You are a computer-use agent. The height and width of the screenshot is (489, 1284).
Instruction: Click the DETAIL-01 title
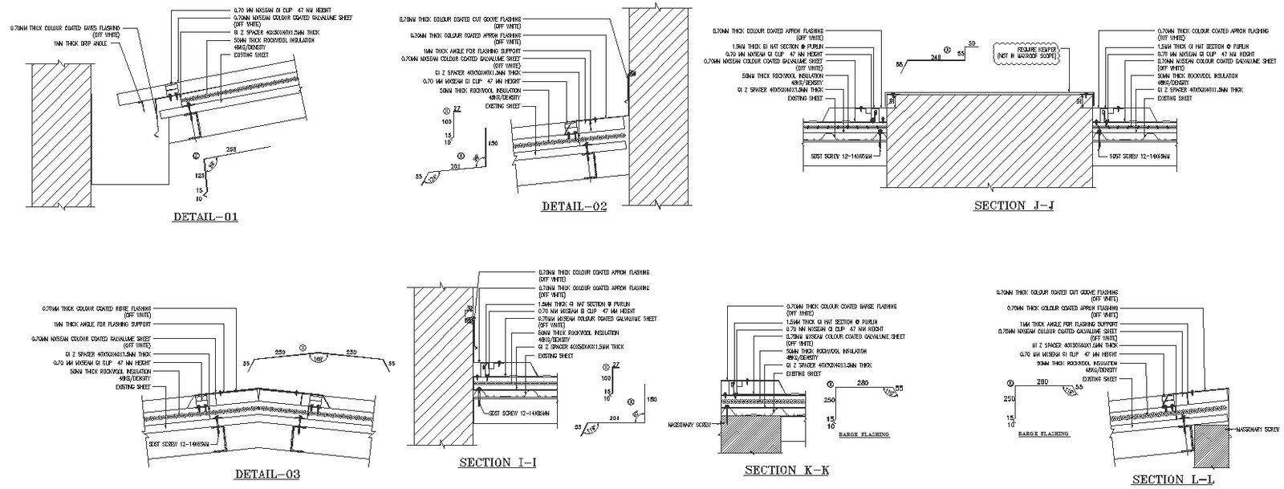tap(205, 217)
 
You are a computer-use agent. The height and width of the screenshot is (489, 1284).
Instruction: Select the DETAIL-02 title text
tap(574, 206)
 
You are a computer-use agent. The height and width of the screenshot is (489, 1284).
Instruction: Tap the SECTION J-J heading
tap(1014, 206)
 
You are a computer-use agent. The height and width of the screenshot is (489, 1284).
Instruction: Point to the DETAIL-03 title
tap(267, 475)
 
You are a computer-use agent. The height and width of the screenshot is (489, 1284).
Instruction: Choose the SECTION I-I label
tap(498, 463)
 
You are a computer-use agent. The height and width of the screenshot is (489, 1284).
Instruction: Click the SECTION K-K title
tap(786, 471)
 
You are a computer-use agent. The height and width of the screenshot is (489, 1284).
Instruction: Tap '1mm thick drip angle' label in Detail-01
tap(80, 43)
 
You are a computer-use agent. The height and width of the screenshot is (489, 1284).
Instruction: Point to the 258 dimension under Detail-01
tap(232, 151)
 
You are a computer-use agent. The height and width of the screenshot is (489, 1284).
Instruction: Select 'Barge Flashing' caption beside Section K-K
tap(863, 434)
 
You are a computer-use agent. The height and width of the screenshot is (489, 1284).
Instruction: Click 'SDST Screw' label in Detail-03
tap(179, 443)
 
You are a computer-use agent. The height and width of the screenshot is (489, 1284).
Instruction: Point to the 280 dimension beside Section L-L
tap(1042, 382)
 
